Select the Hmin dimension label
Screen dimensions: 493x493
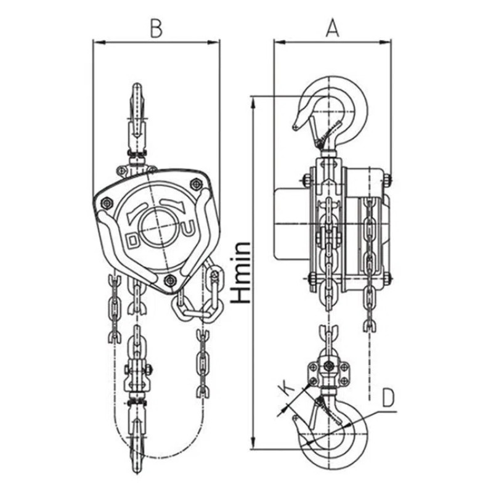[x=241, y=272]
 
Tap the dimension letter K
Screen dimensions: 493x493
[x=287, y=388]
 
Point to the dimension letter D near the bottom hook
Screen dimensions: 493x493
[x=388, y=397]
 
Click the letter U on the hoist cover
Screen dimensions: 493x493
[x=189, y=230]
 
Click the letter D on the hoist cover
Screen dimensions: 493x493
[x=132, y=240]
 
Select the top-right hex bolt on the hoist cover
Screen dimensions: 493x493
[x=196, y=183]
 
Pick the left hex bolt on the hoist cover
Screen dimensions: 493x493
[x=107, y=203]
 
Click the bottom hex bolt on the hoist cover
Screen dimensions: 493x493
[x=170, y=279]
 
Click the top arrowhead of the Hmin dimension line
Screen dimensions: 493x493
[x=253, y=102]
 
